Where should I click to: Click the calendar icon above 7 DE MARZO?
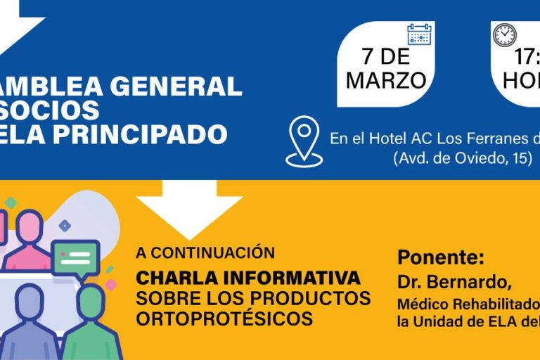click(x=419, y=34)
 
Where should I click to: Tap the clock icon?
click(x=504, y=35)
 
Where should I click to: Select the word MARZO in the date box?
click(x=386, y=80)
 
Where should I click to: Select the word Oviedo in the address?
click(x=476, y=158)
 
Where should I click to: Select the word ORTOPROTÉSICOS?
click(x=224, y=318)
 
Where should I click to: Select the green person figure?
click(x=91, y=323)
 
